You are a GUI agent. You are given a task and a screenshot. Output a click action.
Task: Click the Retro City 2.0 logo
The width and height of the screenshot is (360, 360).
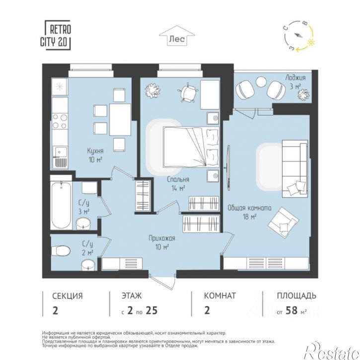(56, 35)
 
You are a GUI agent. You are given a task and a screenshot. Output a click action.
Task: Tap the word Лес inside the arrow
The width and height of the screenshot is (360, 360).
(177, 39)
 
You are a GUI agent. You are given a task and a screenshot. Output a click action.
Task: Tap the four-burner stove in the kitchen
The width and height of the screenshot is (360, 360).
(60, 122)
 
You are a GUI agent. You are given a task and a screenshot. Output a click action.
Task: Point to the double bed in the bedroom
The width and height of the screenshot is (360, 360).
(191, 147)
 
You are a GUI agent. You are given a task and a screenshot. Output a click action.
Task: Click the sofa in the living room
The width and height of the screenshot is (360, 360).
(295, 168)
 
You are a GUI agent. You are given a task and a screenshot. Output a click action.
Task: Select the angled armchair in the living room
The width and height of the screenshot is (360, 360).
(284, 222)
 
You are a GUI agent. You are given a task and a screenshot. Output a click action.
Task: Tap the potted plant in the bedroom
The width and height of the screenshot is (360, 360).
(152, 90)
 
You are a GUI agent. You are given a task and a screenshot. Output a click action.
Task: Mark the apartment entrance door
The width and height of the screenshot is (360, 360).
(162, 282)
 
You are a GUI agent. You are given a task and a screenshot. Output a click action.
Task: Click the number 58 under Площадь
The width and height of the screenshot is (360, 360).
(291, 310)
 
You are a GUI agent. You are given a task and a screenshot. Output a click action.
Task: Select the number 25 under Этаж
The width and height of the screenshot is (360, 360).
(151, 310)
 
